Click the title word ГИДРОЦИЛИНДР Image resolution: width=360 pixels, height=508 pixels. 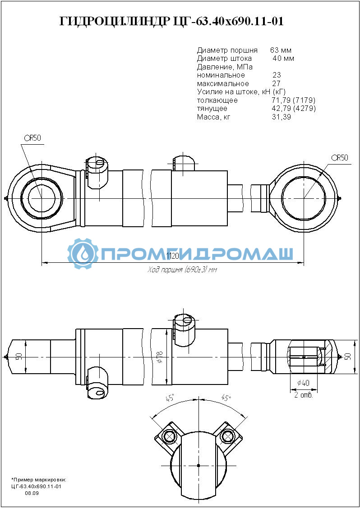coord(114,21)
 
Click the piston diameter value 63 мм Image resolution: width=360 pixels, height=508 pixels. coord(281,50)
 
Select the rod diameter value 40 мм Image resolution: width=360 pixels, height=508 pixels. coord(283,59)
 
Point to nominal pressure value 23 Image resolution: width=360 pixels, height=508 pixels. coord(277,75)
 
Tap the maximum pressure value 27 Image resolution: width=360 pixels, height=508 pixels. coord(277,83)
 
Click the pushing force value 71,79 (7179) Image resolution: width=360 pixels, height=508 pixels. coord(294,101)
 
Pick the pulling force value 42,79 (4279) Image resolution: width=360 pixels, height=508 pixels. coord(294,109)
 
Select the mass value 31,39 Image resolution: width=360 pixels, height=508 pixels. coord(282,117)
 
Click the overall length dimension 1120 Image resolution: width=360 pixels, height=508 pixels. coord(172,256)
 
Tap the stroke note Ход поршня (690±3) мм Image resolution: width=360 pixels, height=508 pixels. coord(182,270)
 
